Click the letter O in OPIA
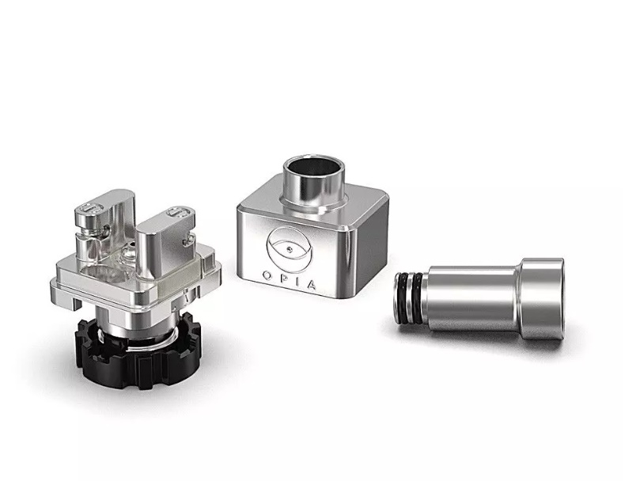[267, 275]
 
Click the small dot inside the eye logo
[290, 248]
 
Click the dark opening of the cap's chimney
[314, 166]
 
